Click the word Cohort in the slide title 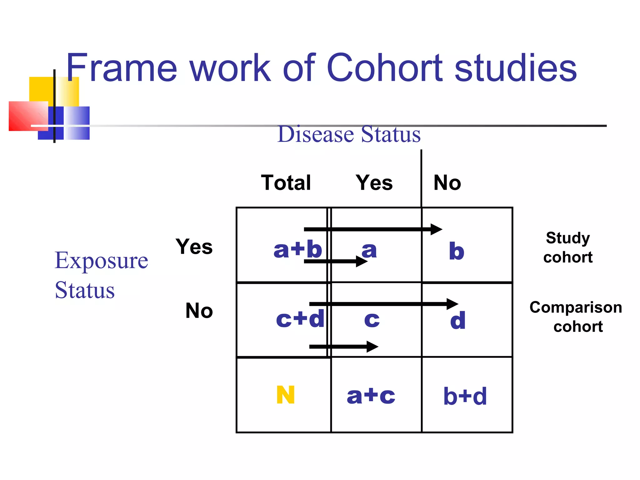click(384, 68)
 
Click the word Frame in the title click(122, 68)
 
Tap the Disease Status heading click(349, 134)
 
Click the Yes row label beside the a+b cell click(194, 247)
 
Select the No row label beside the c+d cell click(199, 311)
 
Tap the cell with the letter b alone click(457, 251)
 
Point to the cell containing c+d click(300, 319)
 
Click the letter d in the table click(458, 320)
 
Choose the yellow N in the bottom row click(286, 395)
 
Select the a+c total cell click(371, 396)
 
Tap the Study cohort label click(568, 247)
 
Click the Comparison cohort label click(576, 317)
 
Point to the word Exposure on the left click(101, 260)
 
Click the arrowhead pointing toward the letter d click(452, 304)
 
